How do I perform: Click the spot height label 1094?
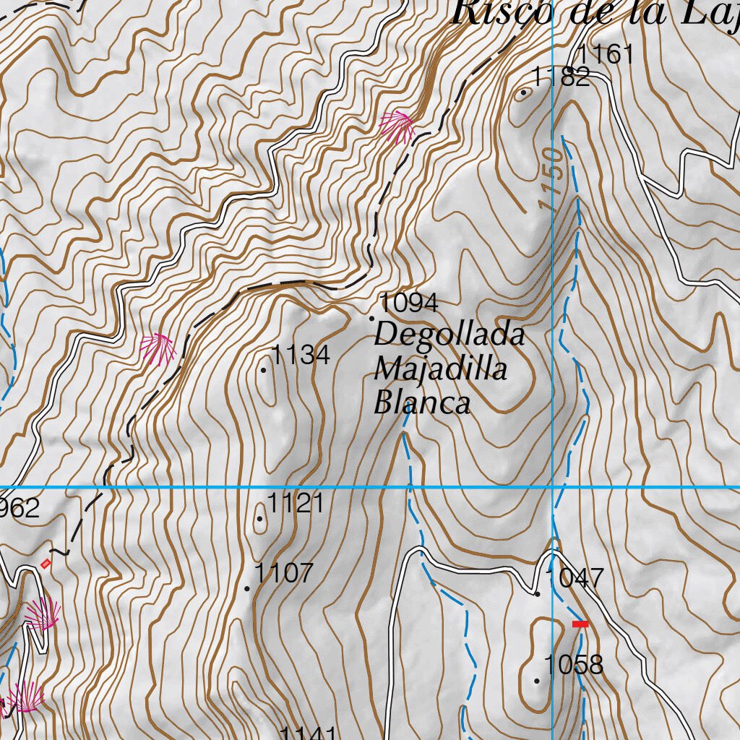point(409,302)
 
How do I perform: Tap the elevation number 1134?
point(301,355)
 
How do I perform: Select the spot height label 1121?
point(296,503)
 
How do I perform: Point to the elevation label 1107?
point(284,573)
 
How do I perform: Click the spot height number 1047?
point(575,578)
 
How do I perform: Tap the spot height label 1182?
point(562,77)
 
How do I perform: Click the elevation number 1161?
point(606,54)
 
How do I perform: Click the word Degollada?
point(449,335)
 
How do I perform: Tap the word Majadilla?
point(440,369)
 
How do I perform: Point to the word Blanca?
point(422,403)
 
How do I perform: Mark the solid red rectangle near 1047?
point(580,624)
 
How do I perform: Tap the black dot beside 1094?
point(372,318)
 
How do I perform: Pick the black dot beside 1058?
point(537,681)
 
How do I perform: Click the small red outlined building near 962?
point(47,563)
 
